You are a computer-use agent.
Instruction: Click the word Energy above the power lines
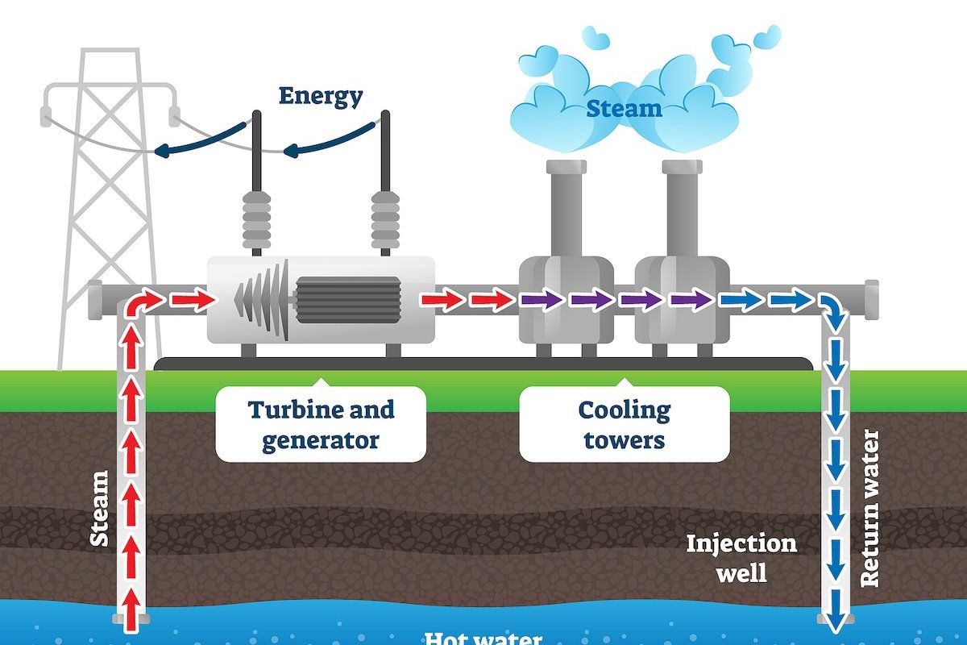(x=321, y=96)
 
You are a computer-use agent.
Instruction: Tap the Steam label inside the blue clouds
(x=624, y=108)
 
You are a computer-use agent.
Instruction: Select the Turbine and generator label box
(x=321, y=425)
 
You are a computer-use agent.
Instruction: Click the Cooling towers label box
(x=624, y=425)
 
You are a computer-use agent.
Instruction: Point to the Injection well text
(x=741, y=557)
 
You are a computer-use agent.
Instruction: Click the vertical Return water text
(x=870, y=508)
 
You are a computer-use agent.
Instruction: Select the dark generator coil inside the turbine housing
(x=348, y=300)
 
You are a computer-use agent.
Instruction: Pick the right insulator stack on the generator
(x=385, y=218)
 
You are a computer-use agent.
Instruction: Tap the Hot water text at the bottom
(x=482, y=639)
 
